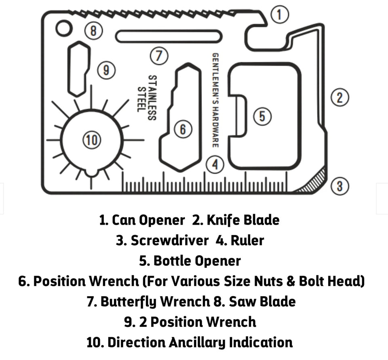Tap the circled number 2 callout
point(339,97)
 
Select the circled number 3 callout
point(339,186)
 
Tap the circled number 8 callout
point(93,30)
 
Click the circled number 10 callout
point(91,140)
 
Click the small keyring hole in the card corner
point(63,28)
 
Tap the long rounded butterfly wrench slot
point(169,36)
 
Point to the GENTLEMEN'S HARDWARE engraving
point(215,101)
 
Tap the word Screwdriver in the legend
point(169,240)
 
